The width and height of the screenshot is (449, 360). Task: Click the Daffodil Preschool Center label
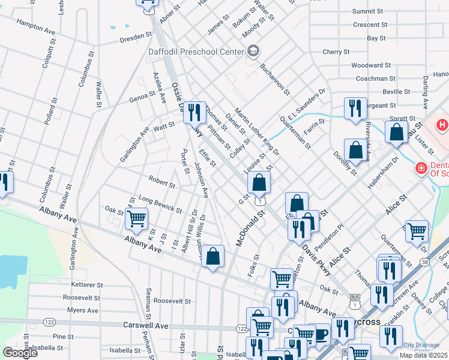pyautogui.click(x=196, y=51)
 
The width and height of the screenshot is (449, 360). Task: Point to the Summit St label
pyautogui.click(x=368, y=11)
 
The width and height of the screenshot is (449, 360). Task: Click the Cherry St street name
pyautogui.click(x=331, y=52)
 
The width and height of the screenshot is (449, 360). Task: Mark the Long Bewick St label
pyautogui.click(x=160, y=203)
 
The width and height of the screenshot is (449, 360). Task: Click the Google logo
pyautogui.click(x=20, y=353)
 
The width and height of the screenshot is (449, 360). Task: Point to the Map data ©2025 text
pyautogui.click(x=423, y=355)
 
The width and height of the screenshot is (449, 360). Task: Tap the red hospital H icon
pyautogui.click(x=442, y=125)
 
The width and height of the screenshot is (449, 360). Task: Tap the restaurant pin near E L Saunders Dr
pyautogui.click(x=355, y=108)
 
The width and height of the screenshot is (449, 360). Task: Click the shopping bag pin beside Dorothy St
pyautogui.click(x=355, y=149)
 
